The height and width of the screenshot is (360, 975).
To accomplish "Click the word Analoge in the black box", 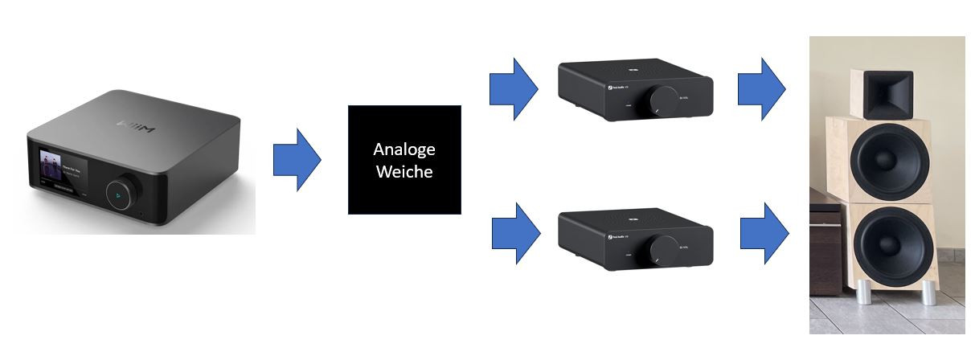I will [404, 149].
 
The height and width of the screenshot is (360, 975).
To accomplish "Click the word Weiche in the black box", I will [404, 171].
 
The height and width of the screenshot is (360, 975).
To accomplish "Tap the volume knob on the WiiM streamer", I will [123, 193].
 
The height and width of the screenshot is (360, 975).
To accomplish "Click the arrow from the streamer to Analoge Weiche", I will [297, 160].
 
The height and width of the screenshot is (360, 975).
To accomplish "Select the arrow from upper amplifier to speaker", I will [761, 88].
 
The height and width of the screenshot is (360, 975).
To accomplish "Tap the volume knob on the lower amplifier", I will [663, 247].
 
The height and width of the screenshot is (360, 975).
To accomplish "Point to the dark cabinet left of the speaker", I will [825, 249].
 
